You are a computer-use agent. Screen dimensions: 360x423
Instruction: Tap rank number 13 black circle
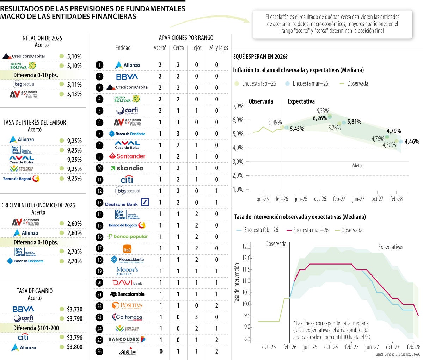(100, 203)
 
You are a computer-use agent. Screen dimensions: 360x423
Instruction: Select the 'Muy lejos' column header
(219, 48)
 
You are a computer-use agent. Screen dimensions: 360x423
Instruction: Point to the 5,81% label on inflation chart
(354, 122)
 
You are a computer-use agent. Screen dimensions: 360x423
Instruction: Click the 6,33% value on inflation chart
(323, 111)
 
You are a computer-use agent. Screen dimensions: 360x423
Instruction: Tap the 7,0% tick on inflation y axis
(238, 106)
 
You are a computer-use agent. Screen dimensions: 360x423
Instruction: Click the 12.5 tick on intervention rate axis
(246, 246)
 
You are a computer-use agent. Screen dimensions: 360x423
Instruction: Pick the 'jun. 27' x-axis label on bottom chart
(372, 347)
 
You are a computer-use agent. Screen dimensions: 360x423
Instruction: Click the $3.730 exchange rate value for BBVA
(74, 309)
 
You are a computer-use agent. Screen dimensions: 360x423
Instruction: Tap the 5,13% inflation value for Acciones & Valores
(74, 94)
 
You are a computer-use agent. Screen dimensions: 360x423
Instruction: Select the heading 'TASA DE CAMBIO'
(35, 291)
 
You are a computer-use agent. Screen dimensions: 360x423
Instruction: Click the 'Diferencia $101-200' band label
(36, 328)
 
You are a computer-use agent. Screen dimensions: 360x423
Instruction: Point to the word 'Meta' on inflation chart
(357, 166)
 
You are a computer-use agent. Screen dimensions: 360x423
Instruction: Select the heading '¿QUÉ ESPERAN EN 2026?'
(260, 57)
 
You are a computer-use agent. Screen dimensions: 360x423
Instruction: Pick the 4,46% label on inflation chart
(412, 142)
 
